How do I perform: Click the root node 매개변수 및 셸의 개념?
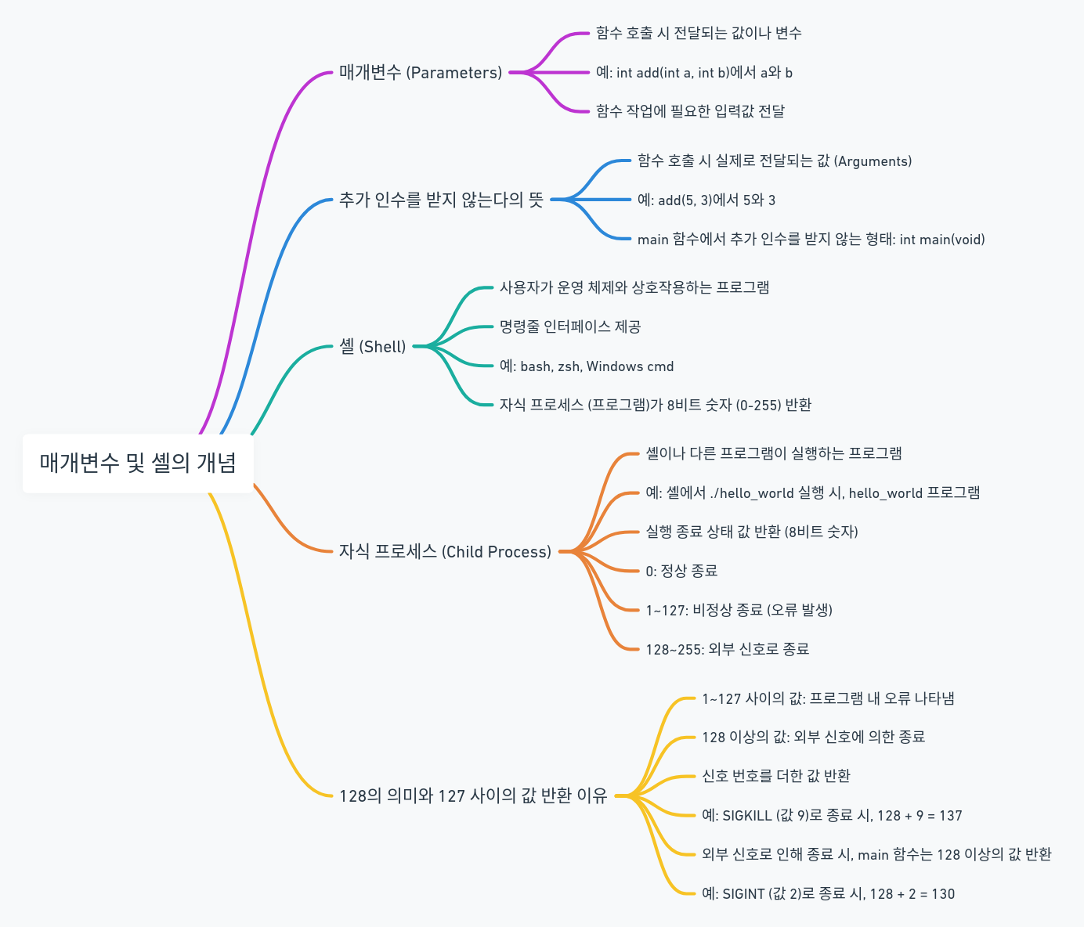pos(138,463)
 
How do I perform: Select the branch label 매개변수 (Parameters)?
pos(421,73)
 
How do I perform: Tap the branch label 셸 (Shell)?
pos(373,346)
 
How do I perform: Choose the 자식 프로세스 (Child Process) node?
pos(445,551)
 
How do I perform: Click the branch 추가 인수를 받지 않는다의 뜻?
pos(441,200)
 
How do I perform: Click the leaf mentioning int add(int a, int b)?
pos(694,73)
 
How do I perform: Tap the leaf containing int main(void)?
pos(811,240)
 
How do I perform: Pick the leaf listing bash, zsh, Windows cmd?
pos(587,366)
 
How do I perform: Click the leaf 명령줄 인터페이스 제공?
pos(570,326)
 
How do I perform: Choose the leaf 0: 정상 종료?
pos(681,571)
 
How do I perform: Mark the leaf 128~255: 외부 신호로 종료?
pos(727,649)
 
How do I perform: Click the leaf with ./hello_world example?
pos(812,492)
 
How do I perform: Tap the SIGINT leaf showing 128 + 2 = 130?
pos(828,893)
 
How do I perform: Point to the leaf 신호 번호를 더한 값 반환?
pos(775,776)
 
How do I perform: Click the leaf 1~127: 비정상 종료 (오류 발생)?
pos(739,610)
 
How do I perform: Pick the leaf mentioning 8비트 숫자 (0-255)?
pos(655,405)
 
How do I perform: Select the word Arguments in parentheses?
pos(873,161)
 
